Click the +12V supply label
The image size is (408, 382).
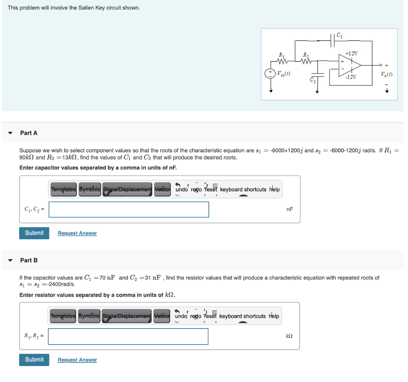(351, 53)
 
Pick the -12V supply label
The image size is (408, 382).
(351, 77)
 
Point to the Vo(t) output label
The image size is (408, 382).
(385, 74)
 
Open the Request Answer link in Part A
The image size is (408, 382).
(77, 233)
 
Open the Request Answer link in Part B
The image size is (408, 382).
(77, 360)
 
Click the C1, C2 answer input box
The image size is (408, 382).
(129, 209)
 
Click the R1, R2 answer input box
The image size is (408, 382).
(128, 336)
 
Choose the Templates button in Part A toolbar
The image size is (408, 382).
(63, 189)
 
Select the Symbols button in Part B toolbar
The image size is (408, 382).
(89, 316)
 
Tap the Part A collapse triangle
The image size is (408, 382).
(11, 133)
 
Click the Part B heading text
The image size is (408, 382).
(29, 260)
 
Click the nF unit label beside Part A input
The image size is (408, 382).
(290, 209)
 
